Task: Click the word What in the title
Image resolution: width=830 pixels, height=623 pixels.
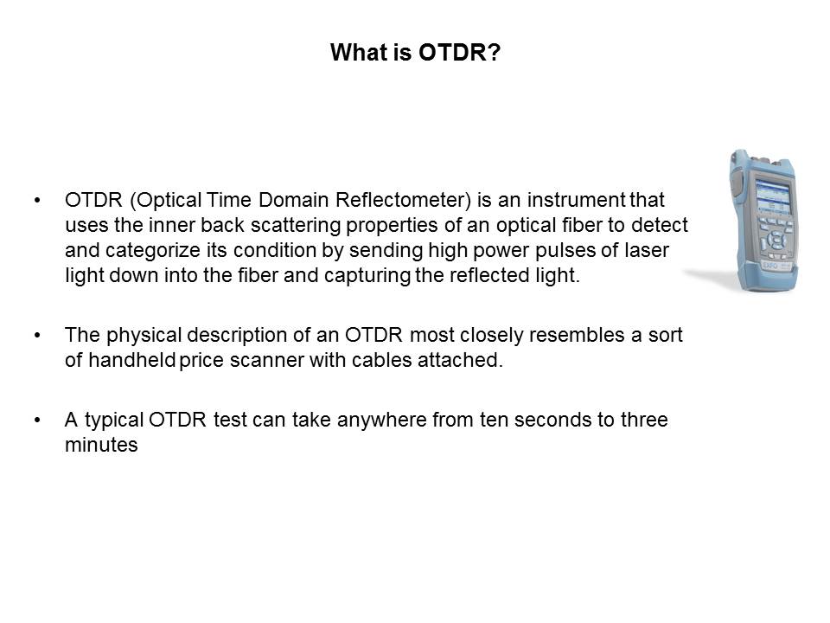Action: click(x=360, y=53)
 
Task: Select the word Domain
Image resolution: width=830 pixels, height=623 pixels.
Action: click(x=294, y=200)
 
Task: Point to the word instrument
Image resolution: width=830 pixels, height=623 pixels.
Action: click(x=576, y=200)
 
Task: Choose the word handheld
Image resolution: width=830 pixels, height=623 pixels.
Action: click(x=131, y=361)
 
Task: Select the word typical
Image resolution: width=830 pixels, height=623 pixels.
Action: click(x=114, y=421)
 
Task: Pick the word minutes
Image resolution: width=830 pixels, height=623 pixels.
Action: click(x=101, y=445)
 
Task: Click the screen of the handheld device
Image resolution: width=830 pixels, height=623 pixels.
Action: click(x=773, y=196)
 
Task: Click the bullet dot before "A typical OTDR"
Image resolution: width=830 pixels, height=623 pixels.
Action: click(x=37, y=421)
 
